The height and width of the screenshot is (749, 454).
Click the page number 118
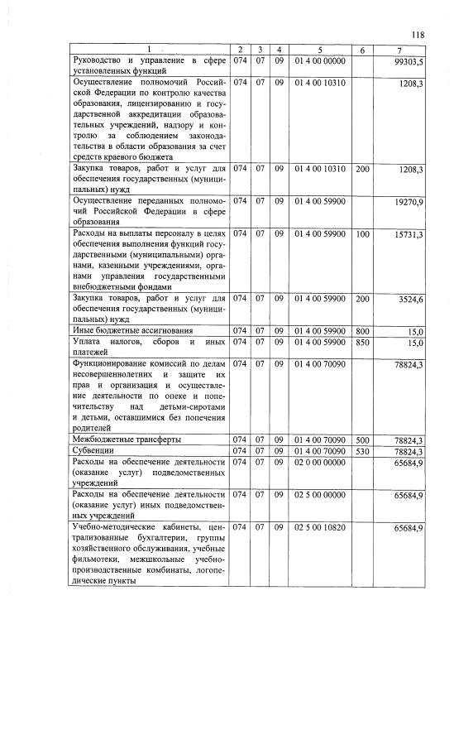click(x=417, y=34)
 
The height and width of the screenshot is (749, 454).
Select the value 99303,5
click(x=409, y=61)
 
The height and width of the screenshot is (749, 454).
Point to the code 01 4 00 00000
click(x=319, y=61)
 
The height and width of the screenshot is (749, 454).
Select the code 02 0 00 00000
click(x=319, y=461)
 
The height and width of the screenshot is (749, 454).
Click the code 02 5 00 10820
click(x=319, y=527)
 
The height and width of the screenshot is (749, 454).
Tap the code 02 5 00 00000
click(x=319, y=494)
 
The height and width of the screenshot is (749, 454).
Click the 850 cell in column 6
click(x=362, y=342)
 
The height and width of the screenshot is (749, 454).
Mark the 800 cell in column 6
click(x=362, y=331)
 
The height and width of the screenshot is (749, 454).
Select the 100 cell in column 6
click(x=362, y=235)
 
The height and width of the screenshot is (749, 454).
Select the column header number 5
click(x=319, y=50)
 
